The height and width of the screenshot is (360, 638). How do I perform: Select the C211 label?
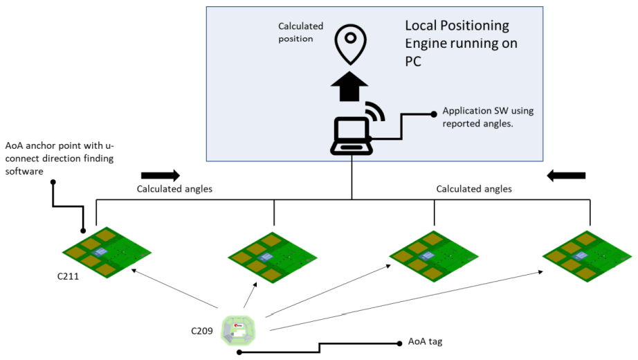tap(70, 276)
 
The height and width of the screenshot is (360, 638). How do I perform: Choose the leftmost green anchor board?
tap(108, 252)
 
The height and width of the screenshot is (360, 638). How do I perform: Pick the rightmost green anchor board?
tap(587, 254)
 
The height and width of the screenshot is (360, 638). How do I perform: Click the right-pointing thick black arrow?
tap(160, 175)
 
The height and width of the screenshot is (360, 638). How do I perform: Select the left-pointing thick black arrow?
tap(566, 175)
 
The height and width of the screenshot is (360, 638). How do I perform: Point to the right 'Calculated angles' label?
tap(474, 188)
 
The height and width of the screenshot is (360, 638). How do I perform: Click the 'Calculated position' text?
tap(300, 33)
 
